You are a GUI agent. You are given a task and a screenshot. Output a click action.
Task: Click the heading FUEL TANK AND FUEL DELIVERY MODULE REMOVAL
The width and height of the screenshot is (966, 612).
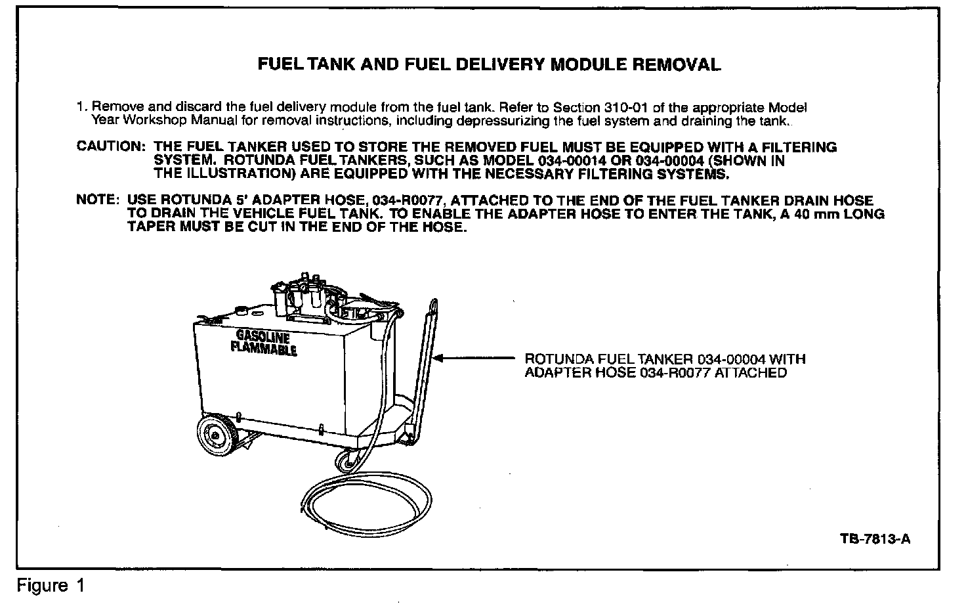coord(489,64)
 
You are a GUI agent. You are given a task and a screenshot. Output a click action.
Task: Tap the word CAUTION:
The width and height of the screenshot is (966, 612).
coord(110,146)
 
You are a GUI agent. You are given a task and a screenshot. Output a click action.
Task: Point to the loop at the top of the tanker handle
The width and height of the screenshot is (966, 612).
coord(434,307)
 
